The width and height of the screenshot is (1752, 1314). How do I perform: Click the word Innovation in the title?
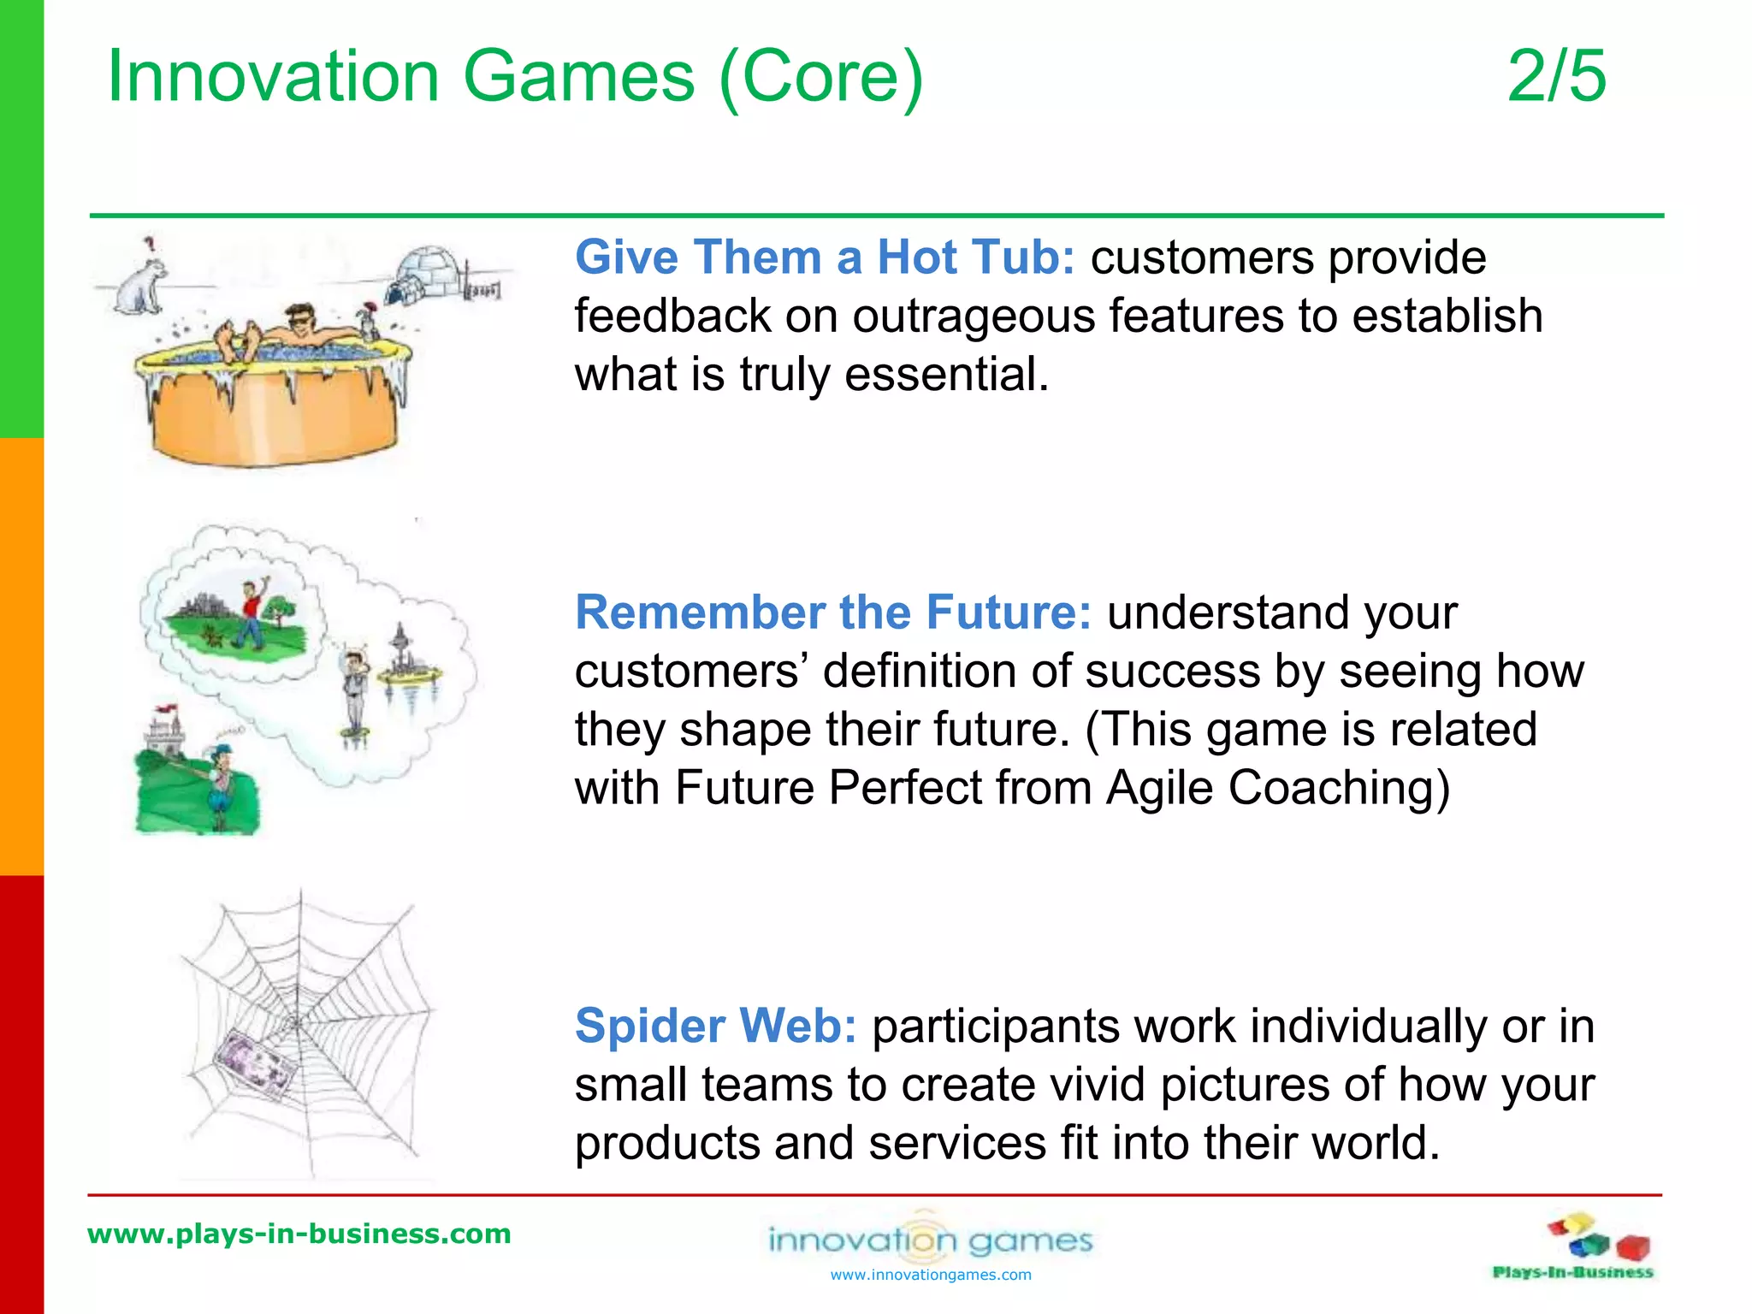click(x=273, y=76)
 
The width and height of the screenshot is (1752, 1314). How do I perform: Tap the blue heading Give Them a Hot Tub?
click(x=824, y=257)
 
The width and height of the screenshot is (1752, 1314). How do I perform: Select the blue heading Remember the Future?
click(x=832, y=613)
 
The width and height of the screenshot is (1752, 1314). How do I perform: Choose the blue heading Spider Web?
click(x=715, y=1026)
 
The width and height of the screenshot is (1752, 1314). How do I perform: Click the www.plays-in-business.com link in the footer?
click(x=299, y=1234)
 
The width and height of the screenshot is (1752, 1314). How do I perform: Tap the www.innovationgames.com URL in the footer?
click(x=931, y=1276)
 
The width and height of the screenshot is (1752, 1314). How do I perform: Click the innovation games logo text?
click(x=931, y=1240)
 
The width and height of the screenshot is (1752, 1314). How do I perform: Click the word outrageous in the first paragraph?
click(x=974, y=316)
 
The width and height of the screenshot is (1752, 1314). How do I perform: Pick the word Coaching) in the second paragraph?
click(x=1339, y=787)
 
